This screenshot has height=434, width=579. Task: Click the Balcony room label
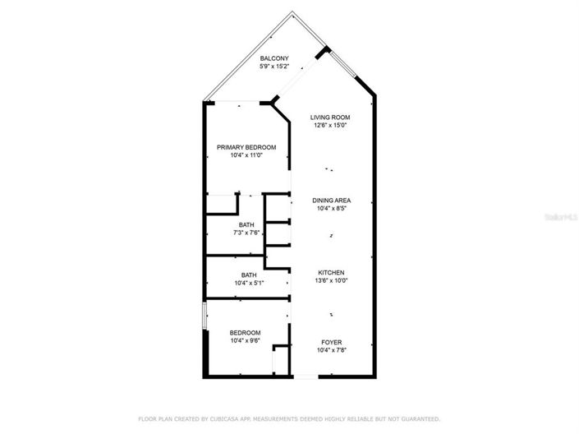[x=274, y=58]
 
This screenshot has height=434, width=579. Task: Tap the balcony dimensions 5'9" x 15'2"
[x=274, y=67]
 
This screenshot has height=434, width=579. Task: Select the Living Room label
[x=329, y=118]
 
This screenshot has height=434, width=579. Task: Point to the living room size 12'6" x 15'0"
[x=329, y=126]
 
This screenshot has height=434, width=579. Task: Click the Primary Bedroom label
[x=246, y=147]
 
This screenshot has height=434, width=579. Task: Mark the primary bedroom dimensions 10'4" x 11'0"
[x=246, y=155]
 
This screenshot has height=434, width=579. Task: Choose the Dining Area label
[x=332, y=201]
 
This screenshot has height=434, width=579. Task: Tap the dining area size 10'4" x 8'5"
[x=332, y=209]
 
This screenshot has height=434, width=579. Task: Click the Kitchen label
[x=332, y=272]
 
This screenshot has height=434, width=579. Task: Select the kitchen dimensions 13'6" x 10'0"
[x=332, y=280]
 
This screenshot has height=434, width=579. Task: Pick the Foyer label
[x=332, y=342]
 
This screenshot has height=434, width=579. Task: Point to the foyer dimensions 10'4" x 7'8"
[x=332, y=350]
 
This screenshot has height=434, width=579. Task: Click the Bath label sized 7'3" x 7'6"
[x=246, y=224]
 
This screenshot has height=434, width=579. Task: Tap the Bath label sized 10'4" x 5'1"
[x=249, y=275]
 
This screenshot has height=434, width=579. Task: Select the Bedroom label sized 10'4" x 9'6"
[x=245, y=332]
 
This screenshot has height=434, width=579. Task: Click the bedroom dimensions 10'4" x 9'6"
[x=245, y=340]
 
